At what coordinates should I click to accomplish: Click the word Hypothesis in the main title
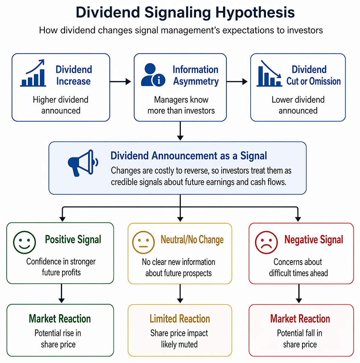coord(255,12)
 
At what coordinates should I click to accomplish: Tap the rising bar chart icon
coord(33,73)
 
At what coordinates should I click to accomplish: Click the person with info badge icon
coord(153,75)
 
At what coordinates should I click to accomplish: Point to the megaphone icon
coord(83,163)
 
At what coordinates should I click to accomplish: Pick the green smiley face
coord(24,243)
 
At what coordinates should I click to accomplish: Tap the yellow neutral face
coord(143,243)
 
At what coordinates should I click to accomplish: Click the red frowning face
coord(266,243)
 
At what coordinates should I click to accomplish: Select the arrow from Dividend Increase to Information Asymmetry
coord(120,81)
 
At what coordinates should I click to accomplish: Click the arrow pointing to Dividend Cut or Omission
coord(237,81)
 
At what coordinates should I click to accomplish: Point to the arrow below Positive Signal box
coord(61,293)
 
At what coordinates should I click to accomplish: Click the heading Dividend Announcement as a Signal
coord(189,156)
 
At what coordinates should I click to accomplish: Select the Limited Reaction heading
coord(180,319)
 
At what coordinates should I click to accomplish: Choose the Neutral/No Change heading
coord(192,239)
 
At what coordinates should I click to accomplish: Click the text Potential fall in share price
coord(300,339)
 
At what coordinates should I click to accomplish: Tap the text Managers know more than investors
coord(181,105)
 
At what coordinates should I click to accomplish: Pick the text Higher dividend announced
coord(61,105)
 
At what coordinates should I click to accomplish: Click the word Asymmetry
coord(196,81)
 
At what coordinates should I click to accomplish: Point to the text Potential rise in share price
coord(58,339)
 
